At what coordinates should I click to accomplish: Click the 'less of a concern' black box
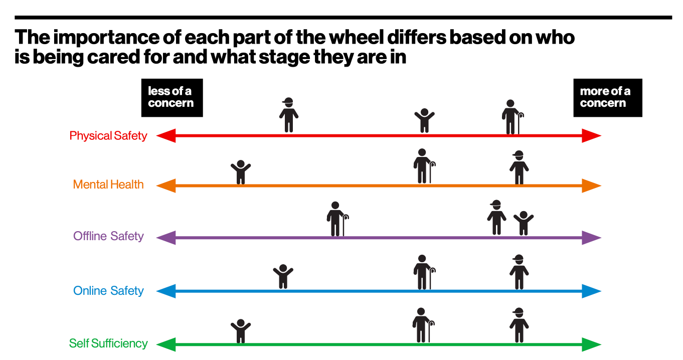pos(172,98)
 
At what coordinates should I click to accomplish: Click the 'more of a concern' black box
pos(607,98)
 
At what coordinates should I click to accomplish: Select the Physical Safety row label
pos(108,136)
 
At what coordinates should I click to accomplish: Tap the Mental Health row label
pos(108,185)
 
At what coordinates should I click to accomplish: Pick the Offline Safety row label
pos(108,236)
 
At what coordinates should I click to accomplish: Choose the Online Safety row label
pos(108,291)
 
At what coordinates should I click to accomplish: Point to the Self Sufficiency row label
pos(108,343)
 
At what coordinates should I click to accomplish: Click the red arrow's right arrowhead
pos(591,135)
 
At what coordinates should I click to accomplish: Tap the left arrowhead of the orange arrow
pos(166,186)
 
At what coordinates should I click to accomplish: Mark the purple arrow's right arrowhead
pos(591,238)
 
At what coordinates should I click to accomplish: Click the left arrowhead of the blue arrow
pos(166,291)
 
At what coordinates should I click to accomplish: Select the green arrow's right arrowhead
pos(591,344)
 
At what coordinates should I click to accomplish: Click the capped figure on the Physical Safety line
pos(288,115)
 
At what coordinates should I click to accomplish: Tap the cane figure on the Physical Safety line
pos(512,117)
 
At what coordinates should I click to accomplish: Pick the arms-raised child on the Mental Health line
pos(241,171)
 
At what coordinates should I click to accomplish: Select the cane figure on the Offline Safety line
pos(336,219)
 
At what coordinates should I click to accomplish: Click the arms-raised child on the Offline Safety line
pos(524,223)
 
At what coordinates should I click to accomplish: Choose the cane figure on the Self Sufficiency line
pos(423,325)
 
